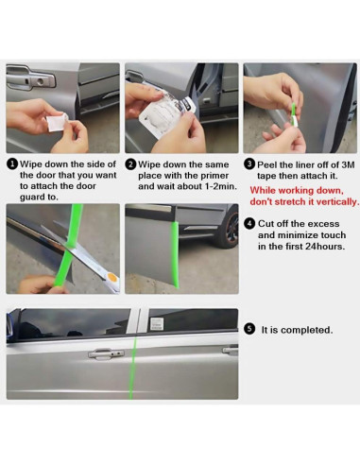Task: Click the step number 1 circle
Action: pos(12,164)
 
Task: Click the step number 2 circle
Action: pos(130,164)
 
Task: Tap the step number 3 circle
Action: pos(249,164)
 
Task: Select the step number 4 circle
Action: pos(249,223)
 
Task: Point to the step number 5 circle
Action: pos(249,330)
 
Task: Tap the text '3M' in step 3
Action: pos(348,164)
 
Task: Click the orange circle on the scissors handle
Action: pos(111,278)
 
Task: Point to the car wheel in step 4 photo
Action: pos(231,227)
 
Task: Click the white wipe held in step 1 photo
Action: pos(57,123)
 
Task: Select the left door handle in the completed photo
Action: pos(106,353)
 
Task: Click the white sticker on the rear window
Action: pos(157,323)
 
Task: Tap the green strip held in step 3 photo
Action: pos(294,110)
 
